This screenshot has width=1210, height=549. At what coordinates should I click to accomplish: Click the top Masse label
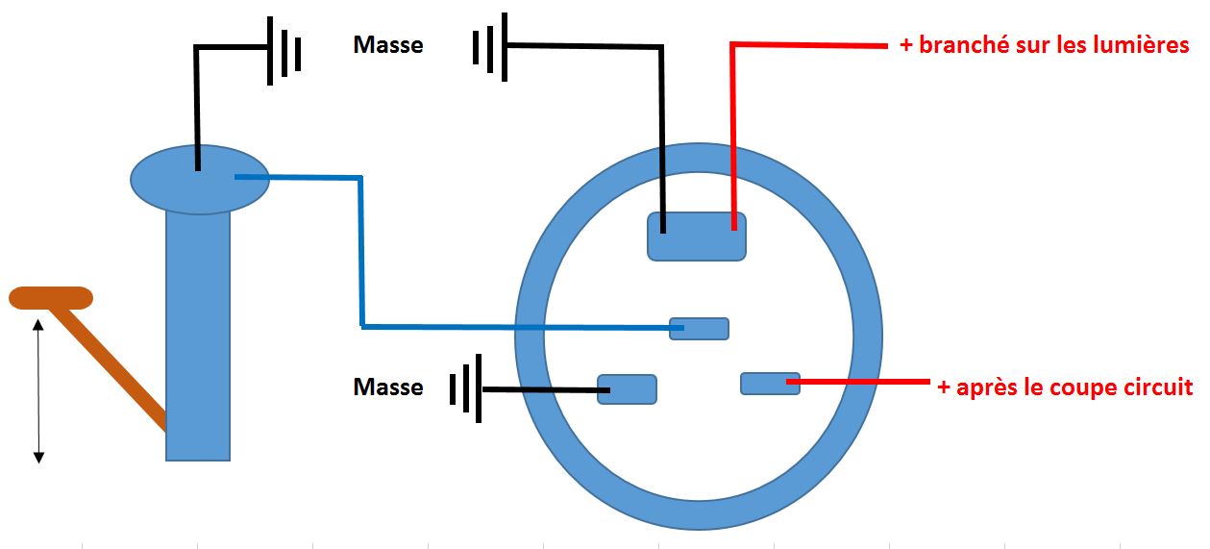[x=388, y=45]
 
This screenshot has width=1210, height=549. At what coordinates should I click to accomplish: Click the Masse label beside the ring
[x=388, y=387]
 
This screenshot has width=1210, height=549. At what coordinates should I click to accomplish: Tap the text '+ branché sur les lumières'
[x=1044, y=45]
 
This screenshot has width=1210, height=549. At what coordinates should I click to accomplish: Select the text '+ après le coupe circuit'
[x=1065, y=387]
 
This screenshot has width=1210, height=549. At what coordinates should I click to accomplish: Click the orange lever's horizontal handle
[x=51, y=298]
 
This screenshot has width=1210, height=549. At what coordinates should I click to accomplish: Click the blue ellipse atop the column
[x=199, y=180]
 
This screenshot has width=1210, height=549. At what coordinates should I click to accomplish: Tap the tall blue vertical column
[x=198, y=337]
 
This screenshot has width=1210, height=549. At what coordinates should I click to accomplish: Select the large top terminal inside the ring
[x=697, y=237]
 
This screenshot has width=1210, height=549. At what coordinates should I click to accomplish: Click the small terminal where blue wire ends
[x=700, y=329]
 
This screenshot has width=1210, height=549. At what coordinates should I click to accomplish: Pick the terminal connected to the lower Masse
[x=627, y=389]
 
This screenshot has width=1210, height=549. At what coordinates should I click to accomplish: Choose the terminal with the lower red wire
[x=769, y=384]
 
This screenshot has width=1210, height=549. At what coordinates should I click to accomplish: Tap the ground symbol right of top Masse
[x=489, y=46]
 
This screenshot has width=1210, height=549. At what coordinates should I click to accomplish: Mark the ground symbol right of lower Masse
[x=467, y=390]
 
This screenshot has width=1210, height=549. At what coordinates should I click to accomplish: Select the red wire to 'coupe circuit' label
[x=865, y=383]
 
